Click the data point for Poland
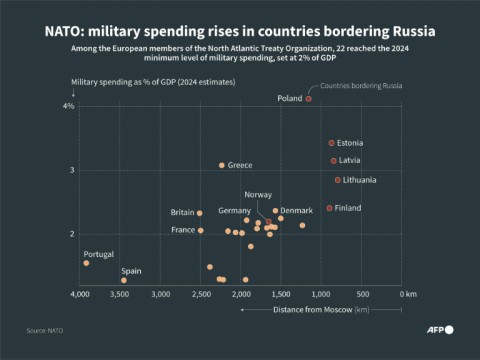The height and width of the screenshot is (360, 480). point(309,99)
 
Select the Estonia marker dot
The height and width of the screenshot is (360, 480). point(332,143)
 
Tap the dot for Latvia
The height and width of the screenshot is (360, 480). point(334,161)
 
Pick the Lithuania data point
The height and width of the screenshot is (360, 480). point(338,180)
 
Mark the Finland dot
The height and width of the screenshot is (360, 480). point(329,208)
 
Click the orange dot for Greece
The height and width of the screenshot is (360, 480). point(222,165)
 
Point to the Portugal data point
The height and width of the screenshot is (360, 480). point(86,263)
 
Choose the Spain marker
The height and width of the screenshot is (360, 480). point(124,280)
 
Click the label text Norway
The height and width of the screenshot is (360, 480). point(258,194)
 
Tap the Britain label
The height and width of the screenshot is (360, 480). point(182,212)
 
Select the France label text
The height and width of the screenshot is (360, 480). point(183,230)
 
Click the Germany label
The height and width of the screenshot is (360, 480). point(234,211)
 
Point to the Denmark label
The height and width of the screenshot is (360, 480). point(296,211)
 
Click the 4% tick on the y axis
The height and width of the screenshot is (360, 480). point(69,107)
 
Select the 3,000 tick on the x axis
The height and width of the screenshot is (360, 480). point(161,294)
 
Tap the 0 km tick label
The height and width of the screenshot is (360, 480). point(407,294)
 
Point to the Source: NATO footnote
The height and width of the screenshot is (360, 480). point(45,329)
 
